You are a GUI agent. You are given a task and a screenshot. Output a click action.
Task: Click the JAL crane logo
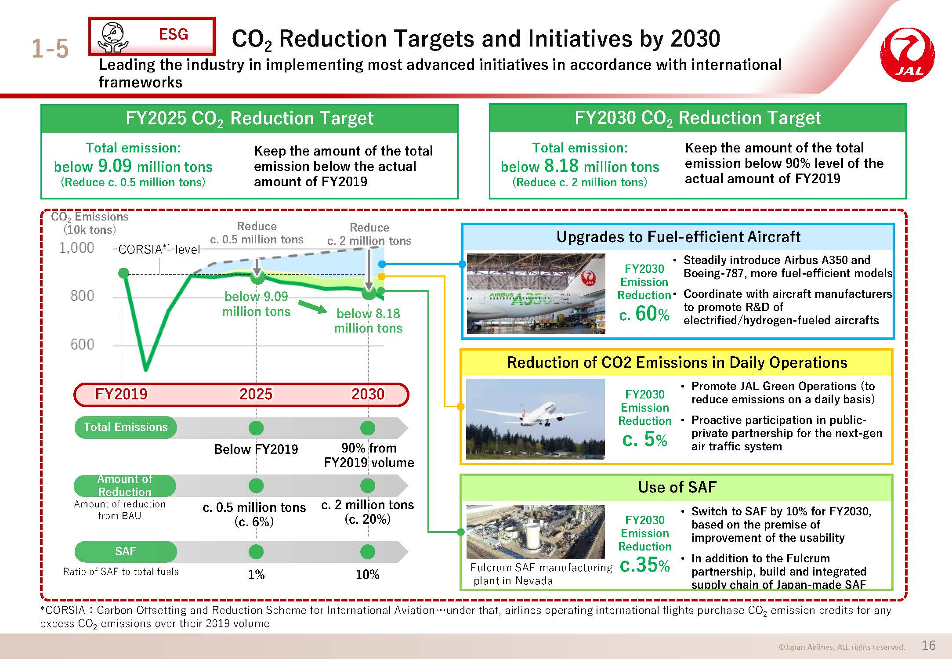pos(908,55)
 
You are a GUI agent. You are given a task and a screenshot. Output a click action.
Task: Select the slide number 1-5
pos(50,48)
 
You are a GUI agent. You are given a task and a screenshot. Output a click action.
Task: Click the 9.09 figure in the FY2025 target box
pos(115,166)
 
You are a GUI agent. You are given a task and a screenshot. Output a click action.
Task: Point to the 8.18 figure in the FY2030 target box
pos(561,166)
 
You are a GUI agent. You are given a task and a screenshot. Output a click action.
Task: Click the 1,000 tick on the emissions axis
pos(76,248)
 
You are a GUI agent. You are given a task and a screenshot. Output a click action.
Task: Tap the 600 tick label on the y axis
pos(82,344)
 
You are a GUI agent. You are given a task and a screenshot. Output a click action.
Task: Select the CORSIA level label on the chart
pos(159,250)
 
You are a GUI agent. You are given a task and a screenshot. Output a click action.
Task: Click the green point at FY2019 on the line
pos(124,273)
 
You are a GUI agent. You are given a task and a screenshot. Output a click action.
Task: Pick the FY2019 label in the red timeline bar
pos(121,394)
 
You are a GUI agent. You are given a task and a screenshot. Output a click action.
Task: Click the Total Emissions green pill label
pos(126,427)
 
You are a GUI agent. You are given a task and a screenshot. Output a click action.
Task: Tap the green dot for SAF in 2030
pos(368,552)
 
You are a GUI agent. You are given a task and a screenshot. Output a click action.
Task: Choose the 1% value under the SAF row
pos(256,575)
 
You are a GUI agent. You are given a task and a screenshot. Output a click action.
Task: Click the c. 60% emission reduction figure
pos(644,314)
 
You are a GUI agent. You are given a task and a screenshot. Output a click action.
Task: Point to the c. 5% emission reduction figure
pos(644,439)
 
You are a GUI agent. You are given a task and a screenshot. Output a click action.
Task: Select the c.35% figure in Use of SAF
pos(644,565)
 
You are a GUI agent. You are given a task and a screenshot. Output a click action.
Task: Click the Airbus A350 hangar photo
pos(536,293)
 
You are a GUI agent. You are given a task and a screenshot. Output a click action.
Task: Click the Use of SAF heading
pos(677,487)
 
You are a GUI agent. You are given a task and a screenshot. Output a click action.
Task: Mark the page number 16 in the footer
pos(929,645)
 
